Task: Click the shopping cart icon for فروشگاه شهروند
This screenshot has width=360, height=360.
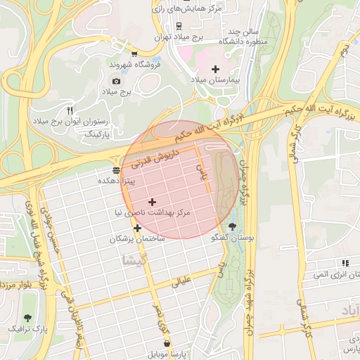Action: coord(134,53)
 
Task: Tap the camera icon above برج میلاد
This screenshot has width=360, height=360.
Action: coord(116,82)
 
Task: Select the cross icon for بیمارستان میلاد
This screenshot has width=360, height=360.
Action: coord(215,69)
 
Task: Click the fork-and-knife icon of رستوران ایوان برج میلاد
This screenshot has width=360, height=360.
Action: coord(69,110)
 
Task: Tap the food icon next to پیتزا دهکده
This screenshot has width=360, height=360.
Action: coord(116,170)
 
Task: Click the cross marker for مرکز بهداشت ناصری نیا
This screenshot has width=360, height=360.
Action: coord(152,202)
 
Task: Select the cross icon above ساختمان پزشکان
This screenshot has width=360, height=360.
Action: coord(137,228)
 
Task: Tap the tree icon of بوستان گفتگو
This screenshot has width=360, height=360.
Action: coord(233,226)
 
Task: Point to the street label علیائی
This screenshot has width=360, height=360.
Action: coord(181,283)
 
